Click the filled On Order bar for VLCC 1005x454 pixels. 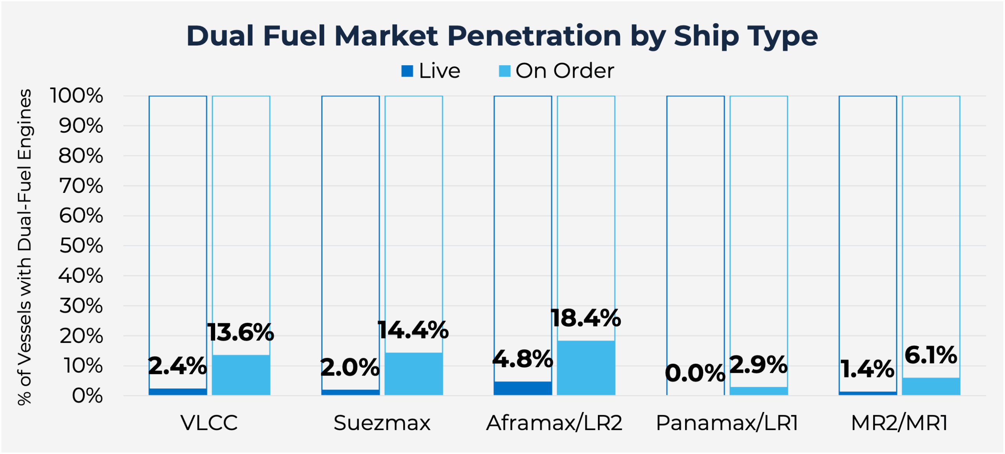click(x=241, y=375)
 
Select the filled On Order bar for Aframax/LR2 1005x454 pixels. click(x=586, y=368)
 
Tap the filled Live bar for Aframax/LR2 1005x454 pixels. click(x=523, y=388)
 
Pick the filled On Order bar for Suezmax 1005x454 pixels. click(x=414, y=374)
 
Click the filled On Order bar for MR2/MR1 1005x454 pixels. click(x=931, y=386)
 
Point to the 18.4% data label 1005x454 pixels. click(x=586, y=318)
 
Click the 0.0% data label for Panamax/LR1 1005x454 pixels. click(x=695, y=373)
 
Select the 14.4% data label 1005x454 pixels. click(x=413, y=330)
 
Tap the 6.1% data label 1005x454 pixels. click(x=931, y=355)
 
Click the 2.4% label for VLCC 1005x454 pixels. click(x=177, y=366)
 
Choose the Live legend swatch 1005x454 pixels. click(x=407, y=71)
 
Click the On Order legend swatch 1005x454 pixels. click(x=504, y=71)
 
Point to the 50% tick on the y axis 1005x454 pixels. click(x=81, y=246)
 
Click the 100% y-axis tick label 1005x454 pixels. click(x=77, y=96)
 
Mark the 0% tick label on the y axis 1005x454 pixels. click(x=88, y=396)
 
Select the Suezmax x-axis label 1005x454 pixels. click(x=382, y=423)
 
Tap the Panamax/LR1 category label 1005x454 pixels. click(x=727, y=423)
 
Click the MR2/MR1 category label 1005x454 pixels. click(x=899, y=423)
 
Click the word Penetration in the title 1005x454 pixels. click(x=534, y=36)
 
